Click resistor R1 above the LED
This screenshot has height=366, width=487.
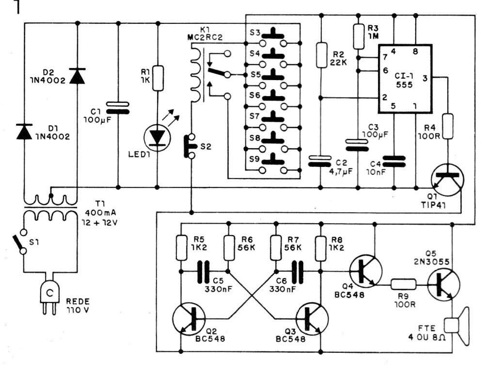pos(157,78)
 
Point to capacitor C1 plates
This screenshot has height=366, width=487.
pos(118,107)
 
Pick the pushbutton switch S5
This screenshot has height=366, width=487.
pos(275,75)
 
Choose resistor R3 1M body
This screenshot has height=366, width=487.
pos(358,37)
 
